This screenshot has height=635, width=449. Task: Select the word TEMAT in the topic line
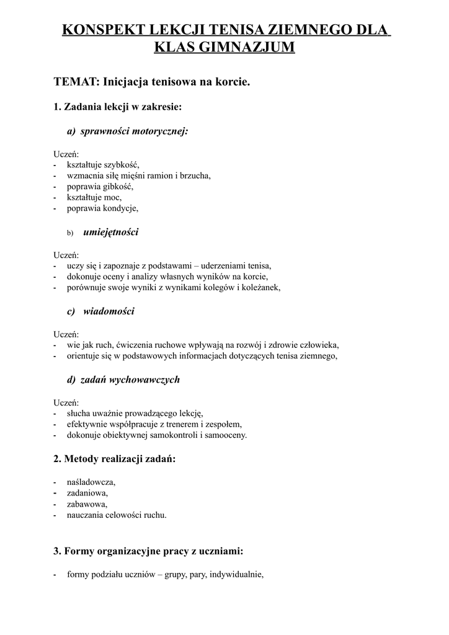(x=76, y=81)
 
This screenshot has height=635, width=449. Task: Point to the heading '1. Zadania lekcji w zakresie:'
(x=118, y=107)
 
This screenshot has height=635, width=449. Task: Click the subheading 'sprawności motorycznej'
(x=134, y=131)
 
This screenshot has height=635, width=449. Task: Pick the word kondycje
(x=120, y=209)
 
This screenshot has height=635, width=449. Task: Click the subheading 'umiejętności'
(x=111, y=232)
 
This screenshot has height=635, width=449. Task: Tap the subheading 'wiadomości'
(x=109, y=311)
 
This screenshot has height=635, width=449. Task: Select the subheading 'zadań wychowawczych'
(x=130, y=379)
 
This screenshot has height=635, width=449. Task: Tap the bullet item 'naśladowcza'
(x=92, y=482)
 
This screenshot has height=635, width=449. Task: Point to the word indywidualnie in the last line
(x=236, y=574)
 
